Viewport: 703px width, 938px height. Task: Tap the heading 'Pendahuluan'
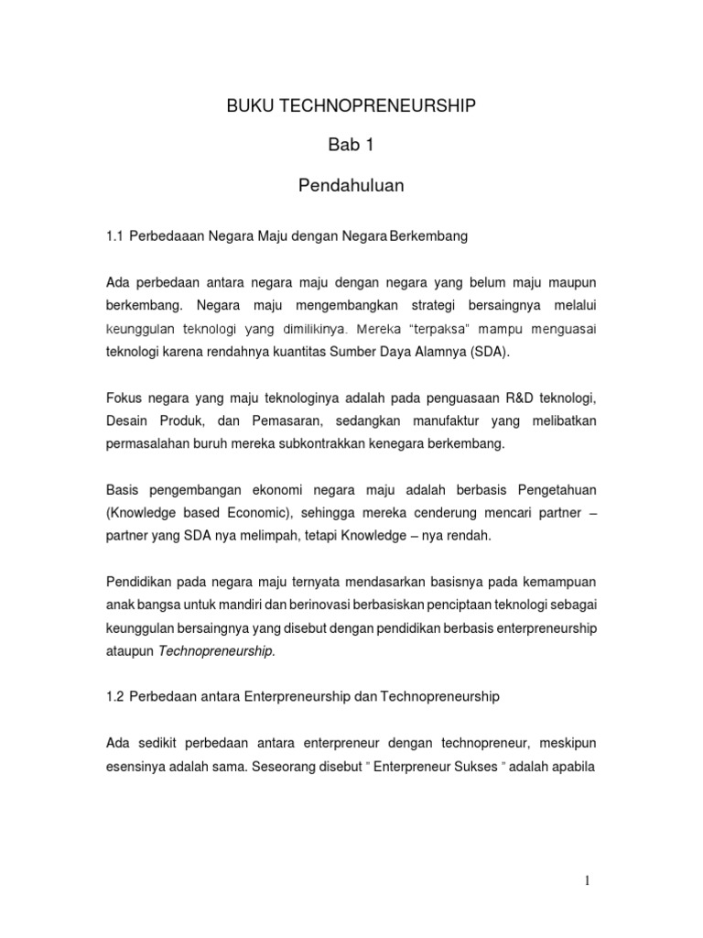pyautogui.click(x=351, y=186)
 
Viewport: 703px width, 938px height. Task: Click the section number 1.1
pyautogui.click(x=114, y=236)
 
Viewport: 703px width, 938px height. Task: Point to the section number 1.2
pyautogui.click(x=114, y=696)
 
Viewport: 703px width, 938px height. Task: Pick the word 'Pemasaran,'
pyautogui.click(x=280, y=420)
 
